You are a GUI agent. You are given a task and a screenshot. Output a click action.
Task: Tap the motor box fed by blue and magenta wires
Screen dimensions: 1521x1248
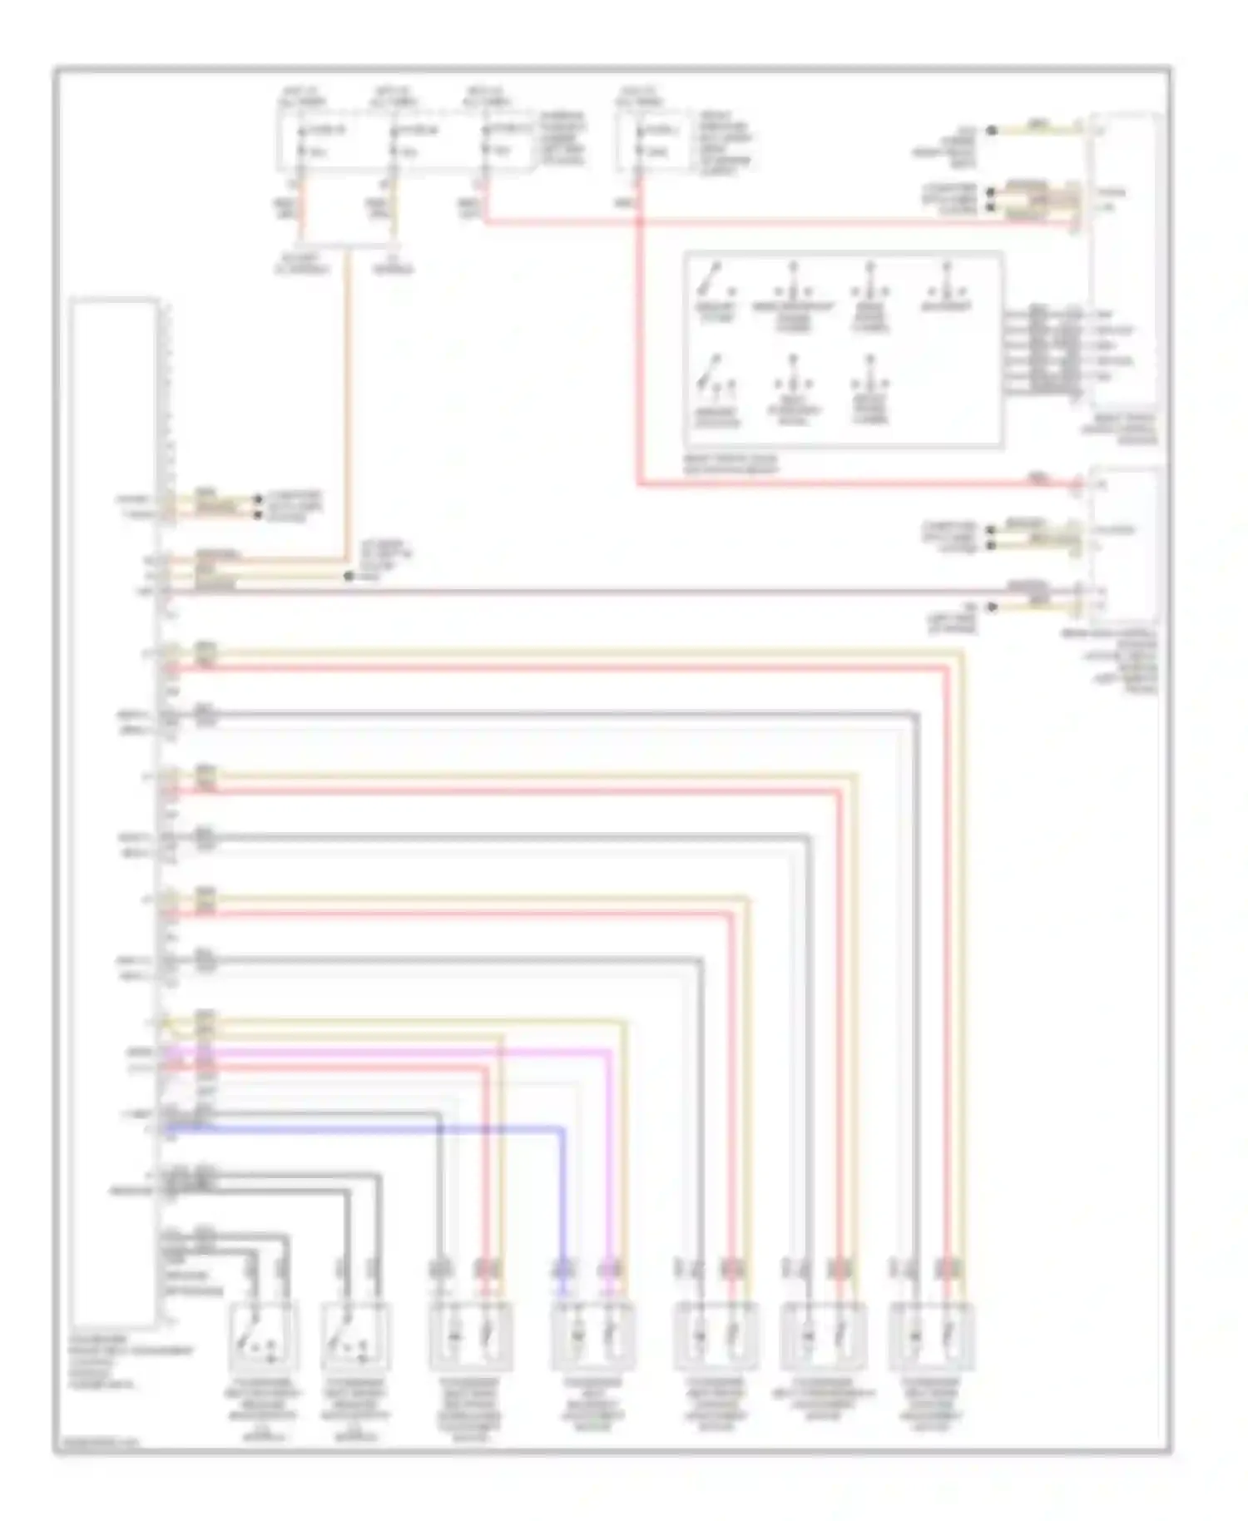tap(593, 1336)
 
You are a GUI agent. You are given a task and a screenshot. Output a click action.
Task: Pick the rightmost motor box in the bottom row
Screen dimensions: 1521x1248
tap(931, 1336)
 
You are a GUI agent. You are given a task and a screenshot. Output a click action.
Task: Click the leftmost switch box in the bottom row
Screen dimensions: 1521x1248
tap(263, 1336)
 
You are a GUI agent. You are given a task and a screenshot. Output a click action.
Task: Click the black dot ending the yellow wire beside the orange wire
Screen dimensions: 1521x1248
tap(349, 576)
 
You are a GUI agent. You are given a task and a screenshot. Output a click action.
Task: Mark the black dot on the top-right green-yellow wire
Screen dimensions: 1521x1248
tap(991, 131)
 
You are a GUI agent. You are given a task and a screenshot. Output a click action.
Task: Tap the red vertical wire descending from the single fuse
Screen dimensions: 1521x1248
tap(639, 333)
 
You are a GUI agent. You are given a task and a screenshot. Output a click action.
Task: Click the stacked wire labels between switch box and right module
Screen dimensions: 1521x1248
tap(1040, 349)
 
